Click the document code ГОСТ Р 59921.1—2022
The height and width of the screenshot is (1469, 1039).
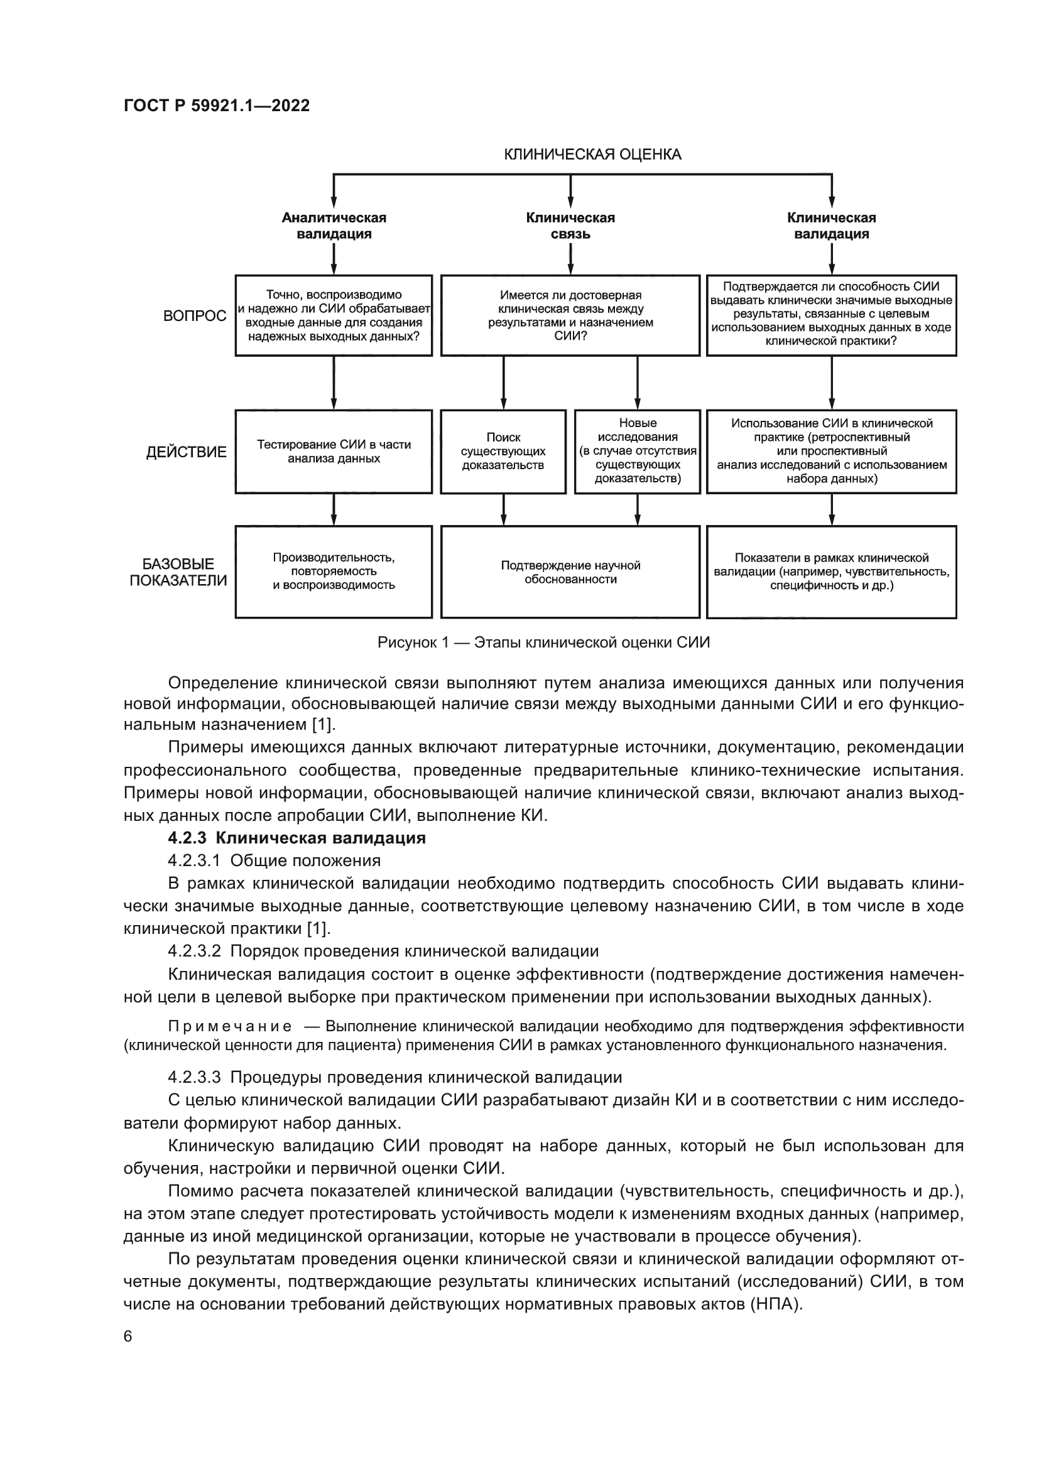[216, 106]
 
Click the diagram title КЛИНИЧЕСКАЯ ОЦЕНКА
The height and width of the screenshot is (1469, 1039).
[592, 154]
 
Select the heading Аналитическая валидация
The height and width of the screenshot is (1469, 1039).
[334, 226]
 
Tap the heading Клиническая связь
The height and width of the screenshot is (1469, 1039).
[570, 226]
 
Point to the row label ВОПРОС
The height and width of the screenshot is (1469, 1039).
[195, 316]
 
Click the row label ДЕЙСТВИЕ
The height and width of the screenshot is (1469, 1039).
[186, 452]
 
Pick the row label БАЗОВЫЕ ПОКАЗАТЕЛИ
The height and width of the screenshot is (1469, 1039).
[178, 573]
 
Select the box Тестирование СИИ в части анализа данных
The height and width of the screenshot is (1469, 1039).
[334, 452]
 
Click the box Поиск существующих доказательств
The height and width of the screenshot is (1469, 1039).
[504, 452]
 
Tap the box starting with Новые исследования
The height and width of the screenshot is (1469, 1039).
[638, 452]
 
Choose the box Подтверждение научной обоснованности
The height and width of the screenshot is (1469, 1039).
[570, 572]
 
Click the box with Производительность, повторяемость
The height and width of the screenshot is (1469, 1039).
[334, 572]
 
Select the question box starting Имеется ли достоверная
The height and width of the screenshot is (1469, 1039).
[570, 315]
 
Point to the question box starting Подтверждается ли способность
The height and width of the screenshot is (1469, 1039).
[832, 315]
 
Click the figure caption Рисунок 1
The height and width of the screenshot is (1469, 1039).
[544, 642]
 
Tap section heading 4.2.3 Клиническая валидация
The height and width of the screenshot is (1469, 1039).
[297, 838]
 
